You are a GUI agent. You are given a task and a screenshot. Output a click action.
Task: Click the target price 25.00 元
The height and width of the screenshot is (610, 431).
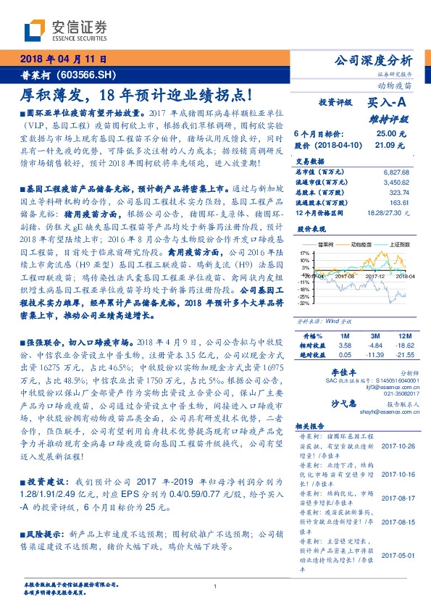click(x=390, y=134)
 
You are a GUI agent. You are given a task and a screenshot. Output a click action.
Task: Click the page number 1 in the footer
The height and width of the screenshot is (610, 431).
click(x=215, y=585)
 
